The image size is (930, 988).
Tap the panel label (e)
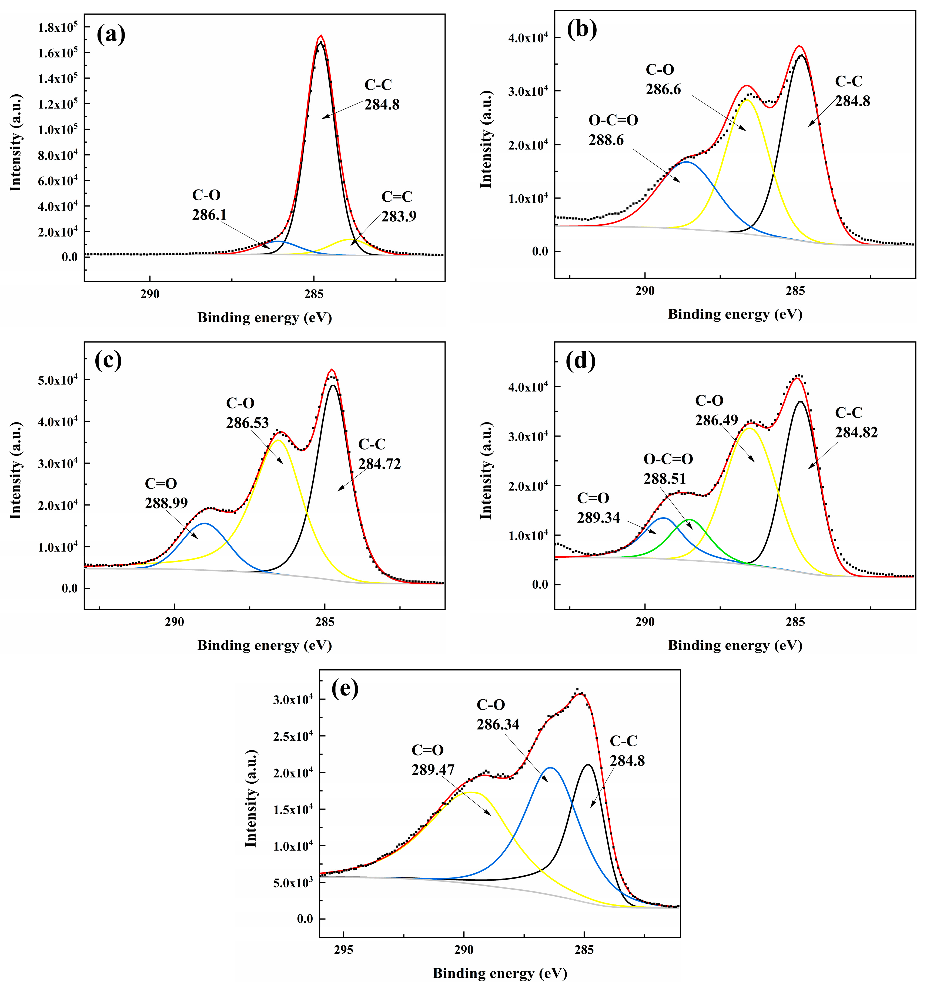coord(345,689)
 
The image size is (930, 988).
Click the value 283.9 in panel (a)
coord(399,217)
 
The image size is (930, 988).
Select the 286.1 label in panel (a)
coord(209,215)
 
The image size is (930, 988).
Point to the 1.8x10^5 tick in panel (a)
coord(58,27)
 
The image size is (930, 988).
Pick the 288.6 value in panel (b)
coord(606,140)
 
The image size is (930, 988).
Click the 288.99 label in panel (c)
coord(166,503)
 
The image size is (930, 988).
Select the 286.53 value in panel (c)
coord(247,423)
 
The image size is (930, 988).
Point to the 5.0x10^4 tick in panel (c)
coord(58,380)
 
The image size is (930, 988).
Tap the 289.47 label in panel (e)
coord(433,770)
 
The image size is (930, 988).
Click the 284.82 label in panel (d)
coord(856,433)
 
